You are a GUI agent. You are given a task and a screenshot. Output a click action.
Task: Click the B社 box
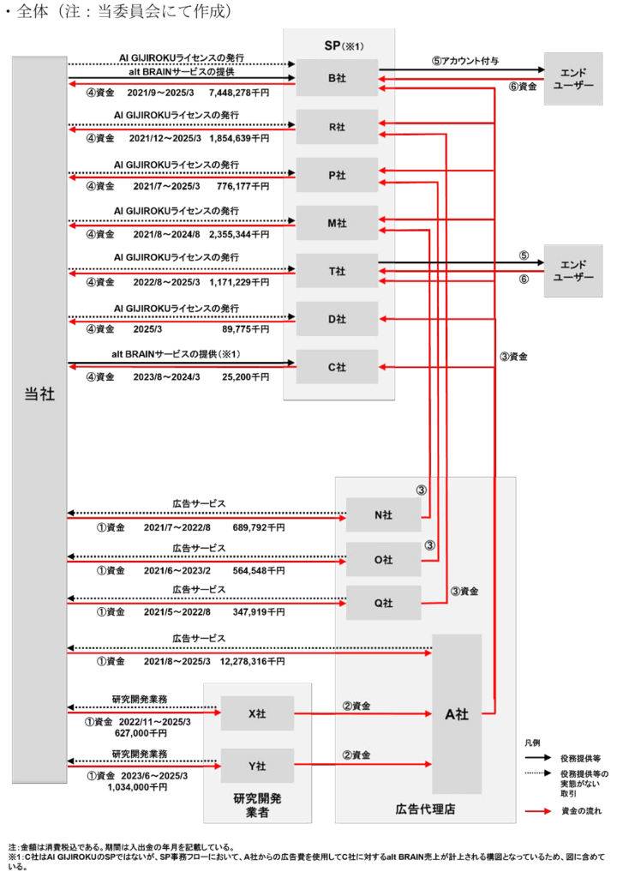(x=337, y=77)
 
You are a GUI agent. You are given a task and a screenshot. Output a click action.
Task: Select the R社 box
(x=337, y=127)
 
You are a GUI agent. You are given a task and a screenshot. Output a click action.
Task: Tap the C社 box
(x=337, y=367)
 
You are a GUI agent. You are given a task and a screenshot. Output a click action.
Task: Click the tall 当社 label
(x=39, y=394)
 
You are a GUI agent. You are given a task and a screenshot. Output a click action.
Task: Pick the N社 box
(x=384, y=514)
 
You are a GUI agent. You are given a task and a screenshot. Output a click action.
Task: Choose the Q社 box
(x=384, y=603)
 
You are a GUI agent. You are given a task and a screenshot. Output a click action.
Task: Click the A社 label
(x=457, y=714)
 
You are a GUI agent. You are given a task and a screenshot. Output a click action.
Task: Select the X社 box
(x=257, y=713)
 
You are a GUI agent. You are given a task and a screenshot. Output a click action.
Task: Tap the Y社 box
(x=257, y=766)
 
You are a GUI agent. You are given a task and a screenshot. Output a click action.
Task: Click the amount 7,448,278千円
(x=239, y=93)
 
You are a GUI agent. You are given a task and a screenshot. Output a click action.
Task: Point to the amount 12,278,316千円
(x=252, y=661)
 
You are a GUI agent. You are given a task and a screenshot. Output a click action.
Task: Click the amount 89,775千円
(x=245, y=328)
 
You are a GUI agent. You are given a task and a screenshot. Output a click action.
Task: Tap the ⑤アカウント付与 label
(x=464, y=61)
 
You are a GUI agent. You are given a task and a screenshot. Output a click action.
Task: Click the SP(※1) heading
(x=344, y=45)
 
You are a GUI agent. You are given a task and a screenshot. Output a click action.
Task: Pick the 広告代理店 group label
(x=425, y=809)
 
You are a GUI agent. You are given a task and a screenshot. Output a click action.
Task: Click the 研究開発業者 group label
(x=257, y=805)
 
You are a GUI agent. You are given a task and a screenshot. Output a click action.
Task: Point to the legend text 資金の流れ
(x=581, y=811)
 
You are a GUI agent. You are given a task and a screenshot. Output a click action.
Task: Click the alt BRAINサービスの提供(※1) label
(x=176, y=354)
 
